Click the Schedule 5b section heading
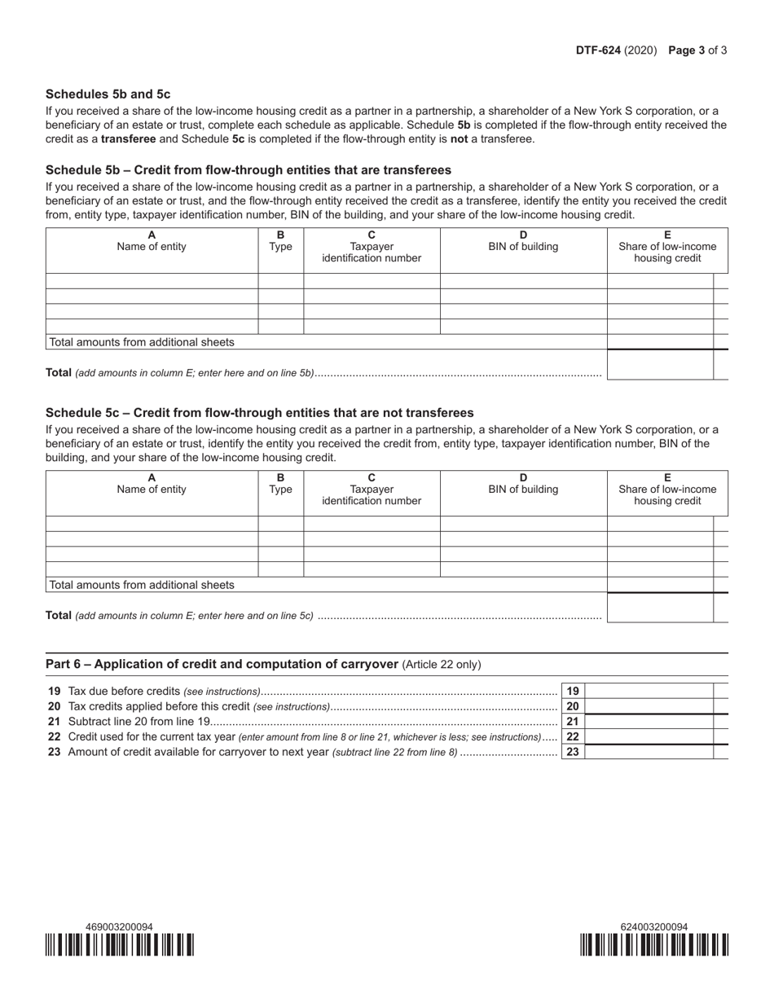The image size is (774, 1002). coord(248,170)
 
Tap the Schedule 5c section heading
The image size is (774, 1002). coord(259,413)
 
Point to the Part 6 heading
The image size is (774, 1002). coord(222,664)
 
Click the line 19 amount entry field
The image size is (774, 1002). coord(649,691)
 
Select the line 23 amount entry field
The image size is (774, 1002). coord(649,752)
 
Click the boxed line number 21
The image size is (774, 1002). coord(573,722)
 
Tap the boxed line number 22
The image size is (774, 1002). coord(573,736)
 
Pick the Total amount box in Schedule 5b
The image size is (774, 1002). coord(660,365)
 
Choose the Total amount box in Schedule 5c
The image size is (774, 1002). coord(660,608)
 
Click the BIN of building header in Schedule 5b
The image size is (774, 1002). coord(523,247)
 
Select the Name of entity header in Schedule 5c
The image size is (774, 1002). coord(152,489)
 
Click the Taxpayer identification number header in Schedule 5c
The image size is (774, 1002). coord(372,494)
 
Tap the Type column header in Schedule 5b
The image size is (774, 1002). coord(280,241)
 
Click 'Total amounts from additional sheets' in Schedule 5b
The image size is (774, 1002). coord(142,342)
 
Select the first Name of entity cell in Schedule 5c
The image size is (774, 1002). coord(152,523)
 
